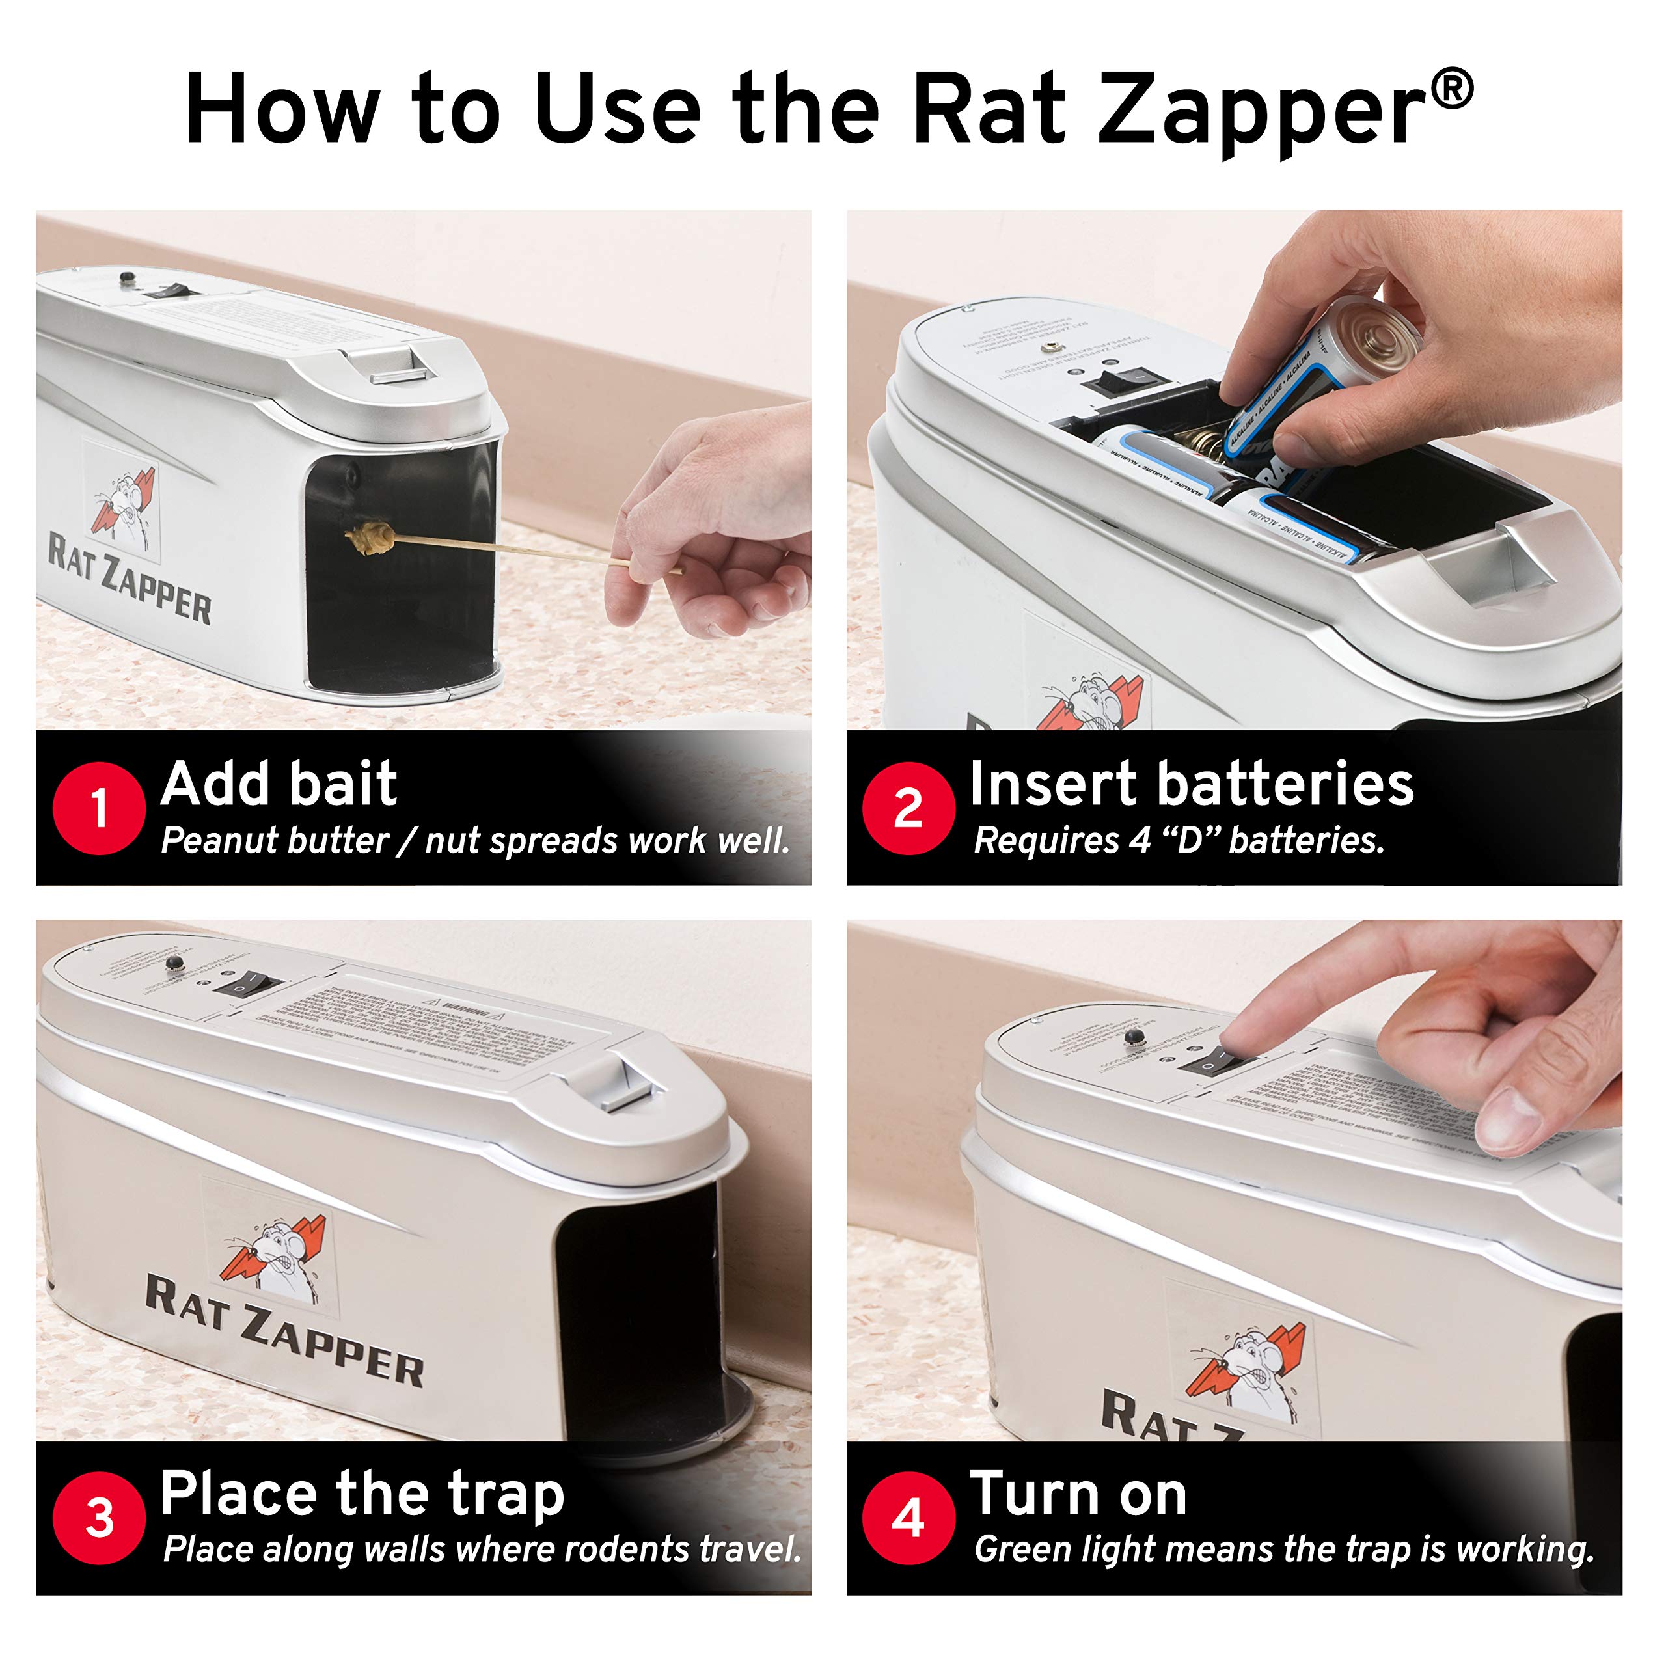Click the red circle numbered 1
click(98, 808)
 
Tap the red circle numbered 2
click(908, 808)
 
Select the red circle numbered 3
click(98, 1518)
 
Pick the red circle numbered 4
click(908, 1518)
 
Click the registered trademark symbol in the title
click(1454, 90)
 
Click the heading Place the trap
click(362, 1494)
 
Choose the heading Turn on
click(1078, 1494)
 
